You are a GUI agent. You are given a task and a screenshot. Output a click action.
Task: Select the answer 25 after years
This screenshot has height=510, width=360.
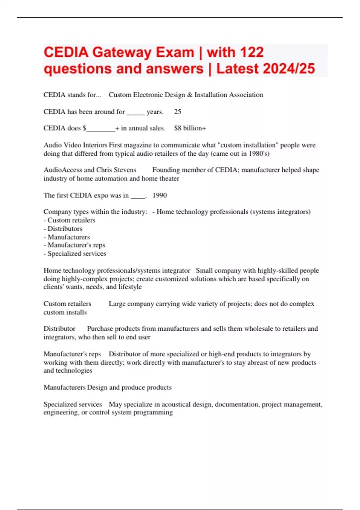(x=178, y=112)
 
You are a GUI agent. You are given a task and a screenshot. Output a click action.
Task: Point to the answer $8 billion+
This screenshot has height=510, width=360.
(x=190, y=128)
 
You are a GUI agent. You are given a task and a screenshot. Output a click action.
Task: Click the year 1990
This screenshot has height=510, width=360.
(x=160, y=195)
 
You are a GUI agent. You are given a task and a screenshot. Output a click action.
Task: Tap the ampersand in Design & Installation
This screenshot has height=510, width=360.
(x=190, y=95)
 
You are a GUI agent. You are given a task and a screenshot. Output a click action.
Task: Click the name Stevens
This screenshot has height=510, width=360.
(x=125, y=170)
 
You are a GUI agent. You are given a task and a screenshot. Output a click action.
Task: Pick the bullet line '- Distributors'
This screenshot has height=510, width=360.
(x=63, y=229)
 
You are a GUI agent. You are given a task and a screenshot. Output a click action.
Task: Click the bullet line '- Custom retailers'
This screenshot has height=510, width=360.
(x=69, y=220)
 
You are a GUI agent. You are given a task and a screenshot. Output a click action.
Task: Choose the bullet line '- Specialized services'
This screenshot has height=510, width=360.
(x=75, y=254)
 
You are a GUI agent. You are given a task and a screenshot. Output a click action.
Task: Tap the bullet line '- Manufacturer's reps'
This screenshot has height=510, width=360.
(x=74, y=245)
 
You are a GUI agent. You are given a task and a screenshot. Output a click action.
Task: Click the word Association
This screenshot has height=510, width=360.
(x=246, y=95)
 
